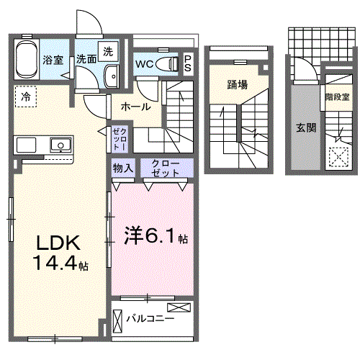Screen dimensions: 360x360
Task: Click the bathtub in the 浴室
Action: (27, 59)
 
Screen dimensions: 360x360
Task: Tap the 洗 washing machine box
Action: (108, 51)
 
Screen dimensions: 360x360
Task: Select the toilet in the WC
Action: (167, 64)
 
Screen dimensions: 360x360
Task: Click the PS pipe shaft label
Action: (188, 63)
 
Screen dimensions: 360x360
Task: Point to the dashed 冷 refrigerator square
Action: (26, 96)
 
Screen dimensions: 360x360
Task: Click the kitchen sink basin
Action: (60, 145)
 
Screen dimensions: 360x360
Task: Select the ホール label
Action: (135, 107)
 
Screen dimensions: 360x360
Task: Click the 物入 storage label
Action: (123, 168)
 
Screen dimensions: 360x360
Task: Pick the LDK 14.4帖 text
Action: (60, 253)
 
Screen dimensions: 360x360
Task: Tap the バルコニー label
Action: (150, 319)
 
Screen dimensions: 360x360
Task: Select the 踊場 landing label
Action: (238, 85)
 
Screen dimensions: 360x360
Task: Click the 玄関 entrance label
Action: (306, 127)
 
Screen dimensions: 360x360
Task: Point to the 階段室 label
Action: (337, 97)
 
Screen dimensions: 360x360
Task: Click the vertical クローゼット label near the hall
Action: (120, 139)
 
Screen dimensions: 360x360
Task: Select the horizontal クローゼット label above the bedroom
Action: (166, 168)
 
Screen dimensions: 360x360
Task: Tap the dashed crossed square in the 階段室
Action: (338, 157)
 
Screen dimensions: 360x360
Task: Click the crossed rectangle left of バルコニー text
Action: (117, 321)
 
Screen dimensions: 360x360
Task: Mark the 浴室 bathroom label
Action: (53, 60)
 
